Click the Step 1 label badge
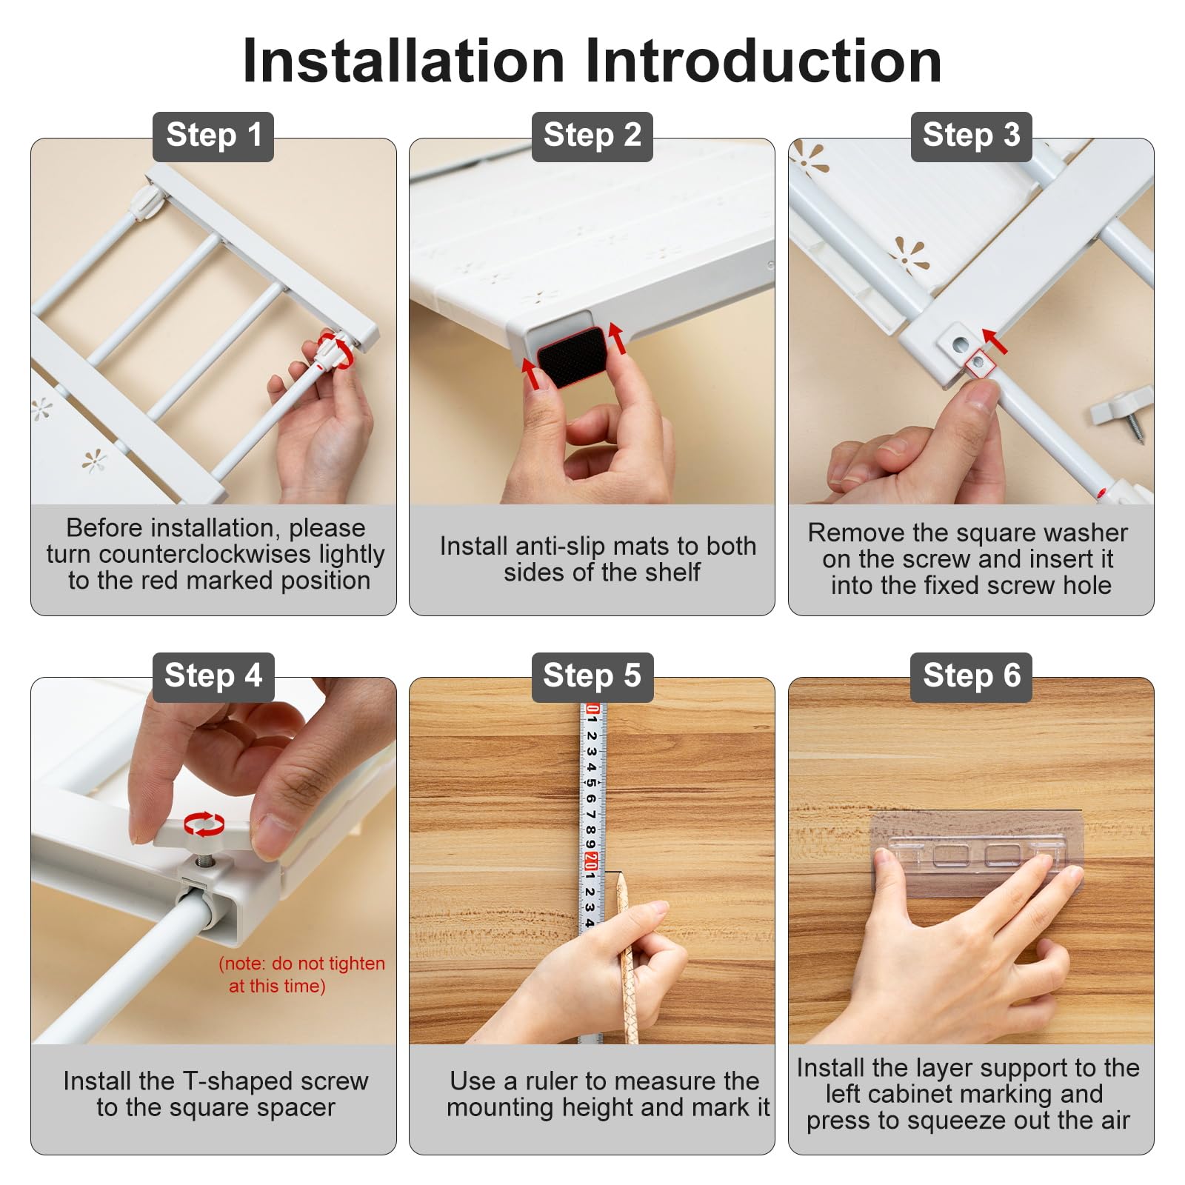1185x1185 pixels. point(213,136)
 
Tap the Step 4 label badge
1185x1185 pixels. point(213,677)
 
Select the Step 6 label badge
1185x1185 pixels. point(972,677)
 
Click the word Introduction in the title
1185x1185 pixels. point(764,61)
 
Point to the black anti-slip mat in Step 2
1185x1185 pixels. point(572,357)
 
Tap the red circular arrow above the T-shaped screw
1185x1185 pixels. point(204,823)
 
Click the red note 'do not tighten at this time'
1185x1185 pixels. point(301,975)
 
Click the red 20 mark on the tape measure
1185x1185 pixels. point(591,861)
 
